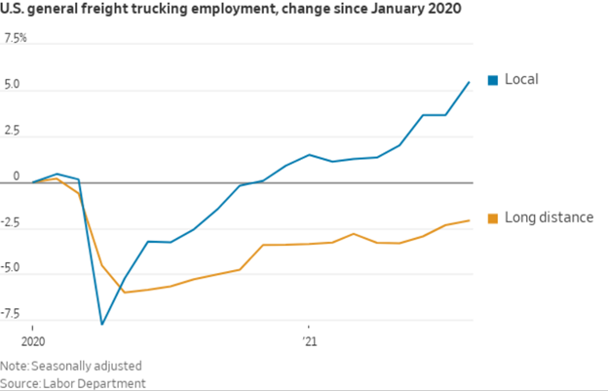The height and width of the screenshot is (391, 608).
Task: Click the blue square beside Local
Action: click(493, 79)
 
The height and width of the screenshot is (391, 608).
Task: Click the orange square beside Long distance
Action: click(493, 217)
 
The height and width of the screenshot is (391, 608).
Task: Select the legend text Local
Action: click(521, 79)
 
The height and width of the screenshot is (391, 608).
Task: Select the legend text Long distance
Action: click(549, 217)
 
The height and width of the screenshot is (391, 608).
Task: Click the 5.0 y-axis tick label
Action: click(13, 84)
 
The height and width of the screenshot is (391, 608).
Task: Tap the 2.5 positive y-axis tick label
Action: click(13, 130)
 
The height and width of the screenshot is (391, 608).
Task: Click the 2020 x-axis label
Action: click(32, 341)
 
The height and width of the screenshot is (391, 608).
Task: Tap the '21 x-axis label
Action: click(309, 341)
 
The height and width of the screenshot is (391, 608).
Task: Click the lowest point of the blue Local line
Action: click(101, 324)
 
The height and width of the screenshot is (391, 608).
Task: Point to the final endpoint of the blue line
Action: click(470, 82)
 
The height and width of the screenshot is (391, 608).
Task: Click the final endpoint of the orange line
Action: click(470, 220)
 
